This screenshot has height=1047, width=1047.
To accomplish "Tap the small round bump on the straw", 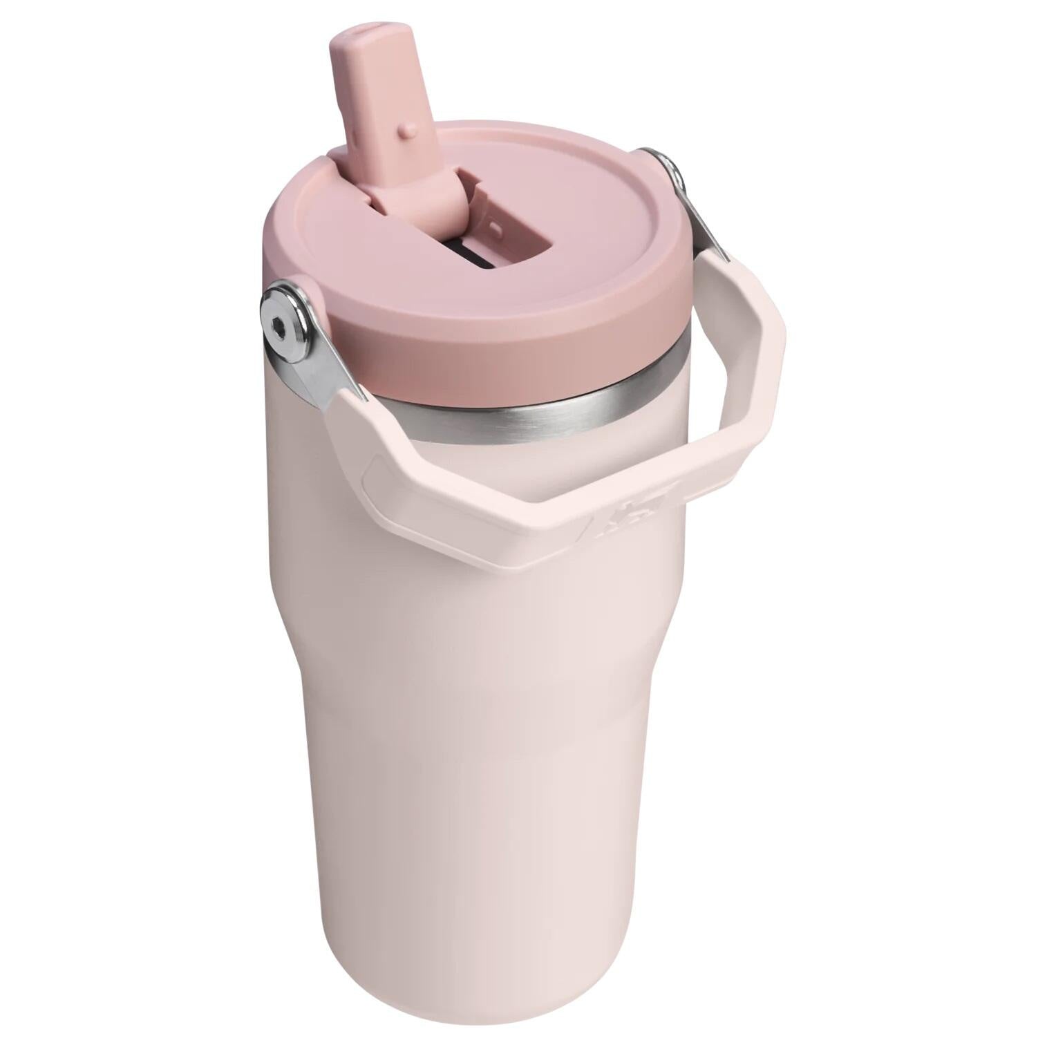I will pos(410,129).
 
